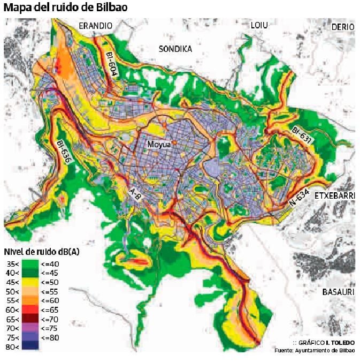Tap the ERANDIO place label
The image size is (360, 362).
point(96,26)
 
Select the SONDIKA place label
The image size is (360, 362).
point(175,49)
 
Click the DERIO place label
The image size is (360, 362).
point(342,27)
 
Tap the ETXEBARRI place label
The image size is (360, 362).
point(334,195)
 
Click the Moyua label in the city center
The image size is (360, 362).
point(159,145)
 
